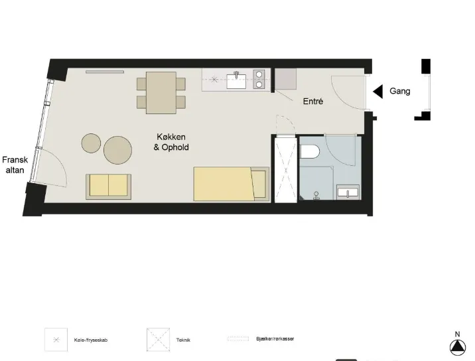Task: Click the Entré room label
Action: pyautogui.click(x=313, y=102)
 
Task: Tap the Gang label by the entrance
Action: pyautogui.click(x=400, y=91)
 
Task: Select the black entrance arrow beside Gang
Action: pyautogui.click(x=377, y=92)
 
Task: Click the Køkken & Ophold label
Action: pyautogui.click(x=171, y=142)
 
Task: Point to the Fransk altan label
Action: pyautogui.click(x=15, y=165)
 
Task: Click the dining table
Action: pyautogui.click(x=161, y=93)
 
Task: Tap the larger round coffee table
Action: pyautogui.click(x=117, y=150)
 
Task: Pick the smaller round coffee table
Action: pyautogui.click(x=91, y=143)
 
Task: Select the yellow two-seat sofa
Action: pyautogui.click(x=108, y=186)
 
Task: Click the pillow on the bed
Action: pyautogui.click(x=259, y=184)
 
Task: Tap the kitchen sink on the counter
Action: pyautogui.click(x=236, y=80)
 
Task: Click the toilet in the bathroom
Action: pyautogui.click(x=310, y=151)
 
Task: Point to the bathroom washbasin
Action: pyautogui.click(x=348, y=192)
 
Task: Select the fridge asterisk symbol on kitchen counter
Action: pyautogui.click(x=214, y=80)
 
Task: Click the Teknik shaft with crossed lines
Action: pyautogui.click(x=286, y=170)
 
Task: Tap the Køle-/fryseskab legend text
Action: pyautogui.click(x=91, y=340)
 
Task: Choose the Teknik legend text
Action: pyautogui.click(x=183, y=340)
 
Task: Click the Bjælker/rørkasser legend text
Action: pyautogui.click(x=275, y=339)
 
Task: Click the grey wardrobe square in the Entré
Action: pyautogui.click(x=285, y=79)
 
